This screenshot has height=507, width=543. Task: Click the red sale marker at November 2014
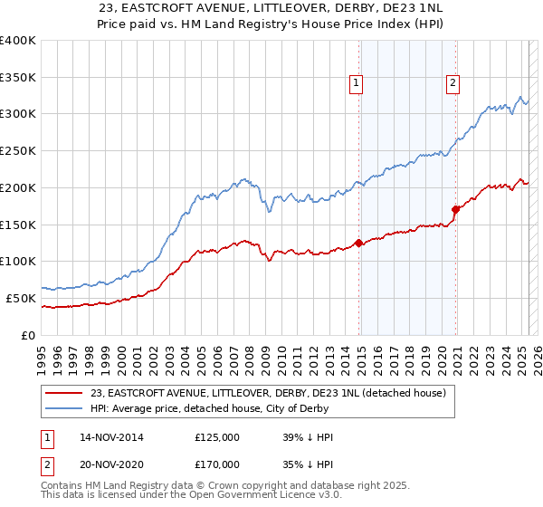pos(359,243)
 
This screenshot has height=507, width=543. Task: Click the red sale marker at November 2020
pos(455,209)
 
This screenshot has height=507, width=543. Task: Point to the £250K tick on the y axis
pos(20,151)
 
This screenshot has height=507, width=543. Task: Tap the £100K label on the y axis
pos(20,262)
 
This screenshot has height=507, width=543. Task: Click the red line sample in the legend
pos(63,394)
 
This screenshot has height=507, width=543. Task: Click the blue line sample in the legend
pos(63,409)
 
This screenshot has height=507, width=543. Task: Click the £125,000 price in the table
pos(217,436)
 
